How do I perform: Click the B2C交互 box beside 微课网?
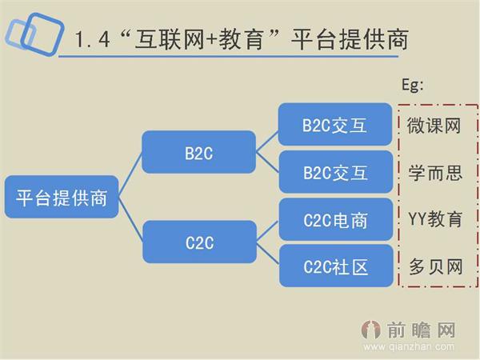tap(335, 126)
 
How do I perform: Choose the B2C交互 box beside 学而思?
tap(335, 173)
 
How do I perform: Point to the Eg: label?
tap(412, 86)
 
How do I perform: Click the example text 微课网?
tap(433, 126)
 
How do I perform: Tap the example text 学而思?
tap(433, 173)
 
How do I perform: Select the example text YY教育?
tap(433, 219)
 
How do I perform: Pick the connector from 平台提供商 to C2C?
tap(130, 220)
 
